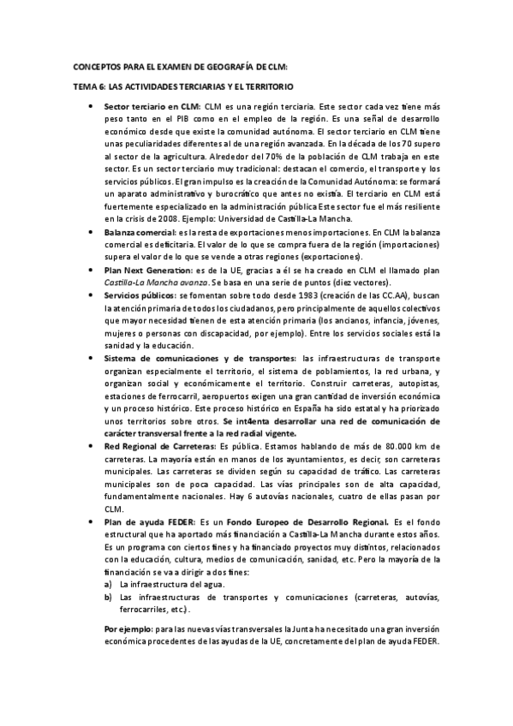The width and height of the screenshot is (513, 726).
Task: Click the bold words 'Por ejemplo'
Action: [124, 628]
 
